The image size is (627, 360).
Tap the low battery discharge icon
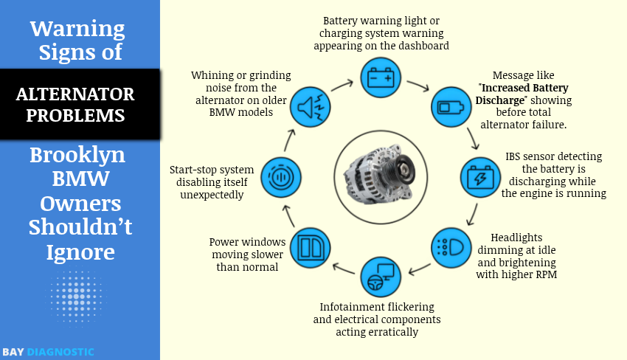451,108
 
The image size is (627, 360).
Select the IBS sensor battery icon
480,178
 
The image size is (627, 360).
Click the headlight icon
451,246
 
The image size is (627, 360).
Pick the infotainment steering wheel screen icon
381,278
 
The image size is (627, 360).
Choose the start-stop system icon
280,178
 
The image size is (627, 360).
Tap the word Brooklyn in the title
77,155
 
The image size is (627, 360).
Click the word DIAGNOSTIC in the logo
60,352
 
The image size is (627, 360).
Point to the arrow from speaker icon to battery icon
342,84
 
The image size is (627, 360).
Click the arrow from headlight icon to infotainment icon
419,269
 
